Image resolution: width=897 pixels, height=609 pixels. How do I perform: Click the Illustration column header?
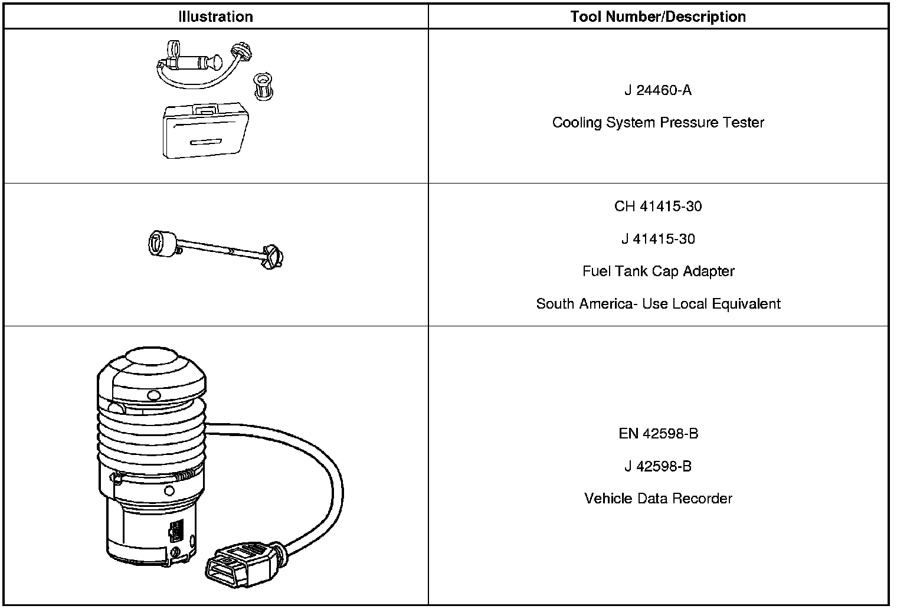(215, 17)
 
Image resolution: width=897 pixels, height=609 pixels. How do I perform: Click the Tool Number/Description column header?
(658, 17)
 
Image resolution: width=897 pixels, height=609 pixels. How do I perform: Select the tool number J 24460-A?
(658, 90)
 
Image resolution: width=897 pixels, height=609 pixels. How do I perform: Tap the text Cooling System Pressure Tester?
(658, 123)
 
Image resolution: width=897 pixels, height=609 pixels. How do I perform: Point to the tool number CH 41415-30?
(658, 207)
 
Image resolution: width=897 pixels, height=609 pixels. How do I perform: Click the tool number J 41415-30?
(658, 239)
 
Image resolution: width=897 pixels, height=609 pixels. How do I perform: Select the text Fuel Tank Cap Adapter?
(658, 271)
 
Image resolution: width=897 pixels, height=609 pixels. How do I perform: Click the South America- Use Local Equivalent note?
(658, 304)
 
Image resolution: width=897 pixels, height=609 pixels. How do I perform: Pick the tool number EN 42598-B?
(658, 434)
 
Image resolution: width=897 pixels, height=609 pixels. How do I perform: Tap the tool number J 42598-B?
(658, 466)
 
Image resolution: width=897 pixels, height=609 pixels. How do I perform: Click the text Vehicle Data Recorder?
(658, 499)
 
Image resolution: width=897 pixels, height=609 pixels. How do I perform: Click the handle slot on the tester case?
(204, 142)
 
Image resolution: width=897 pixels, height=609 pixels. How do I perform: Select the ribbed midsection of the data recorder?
(151, 437)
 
